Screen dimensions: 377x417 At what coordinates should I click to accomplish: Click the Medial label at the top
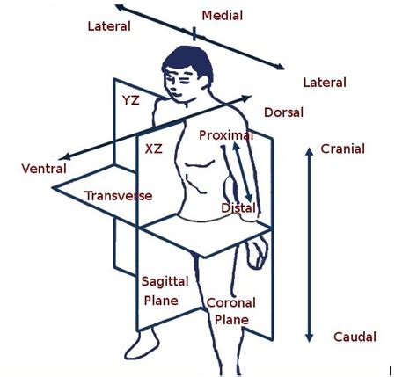click(223, 16)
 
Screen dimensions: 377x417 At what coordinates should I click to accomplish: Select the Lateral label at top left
click(109, 26)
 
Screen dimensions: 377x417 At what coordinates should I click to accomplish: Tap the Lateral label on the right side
click(325, 83)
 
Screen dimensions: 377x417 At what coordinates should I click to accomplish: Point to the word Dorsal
click(283, 113)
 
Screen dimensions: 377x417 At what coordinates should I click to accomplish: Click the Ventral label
click(45, 168)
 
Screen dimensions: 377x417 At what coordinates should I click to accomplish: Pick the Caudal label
click(355, 337)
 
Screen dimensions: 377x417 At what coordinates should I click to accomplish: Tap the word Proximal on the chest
click(226, 135)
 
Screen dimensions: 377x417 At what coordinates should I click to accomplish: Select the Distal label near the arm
click(238, 208)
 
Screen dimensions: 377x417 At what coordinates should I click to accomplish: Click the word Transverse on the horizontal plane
click(119, 195)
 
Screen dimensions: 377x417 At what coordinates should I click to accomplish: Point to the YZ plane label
click(131, 100)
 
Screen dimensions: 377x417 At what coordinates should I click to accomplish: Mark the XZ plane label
click(154, 150)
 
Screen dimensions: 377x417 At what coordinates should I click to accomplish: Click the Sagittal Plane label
click(160, 291)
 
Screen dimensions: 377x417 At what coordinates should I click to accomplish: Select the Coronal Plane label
click(228, 312)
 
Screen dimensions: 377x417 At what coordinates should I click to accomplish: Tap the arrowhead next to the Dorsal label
click(249, 98)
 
